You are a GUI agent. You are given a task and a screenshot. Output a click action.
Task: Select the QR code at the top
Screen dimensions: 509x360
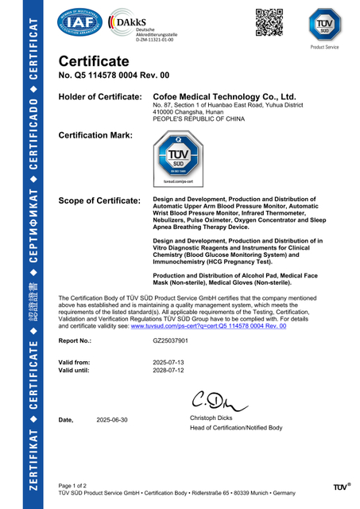[268, 21]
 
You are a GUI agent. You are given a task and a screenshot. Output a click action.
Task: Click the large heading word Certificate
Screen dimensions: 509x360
[94, 62]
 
